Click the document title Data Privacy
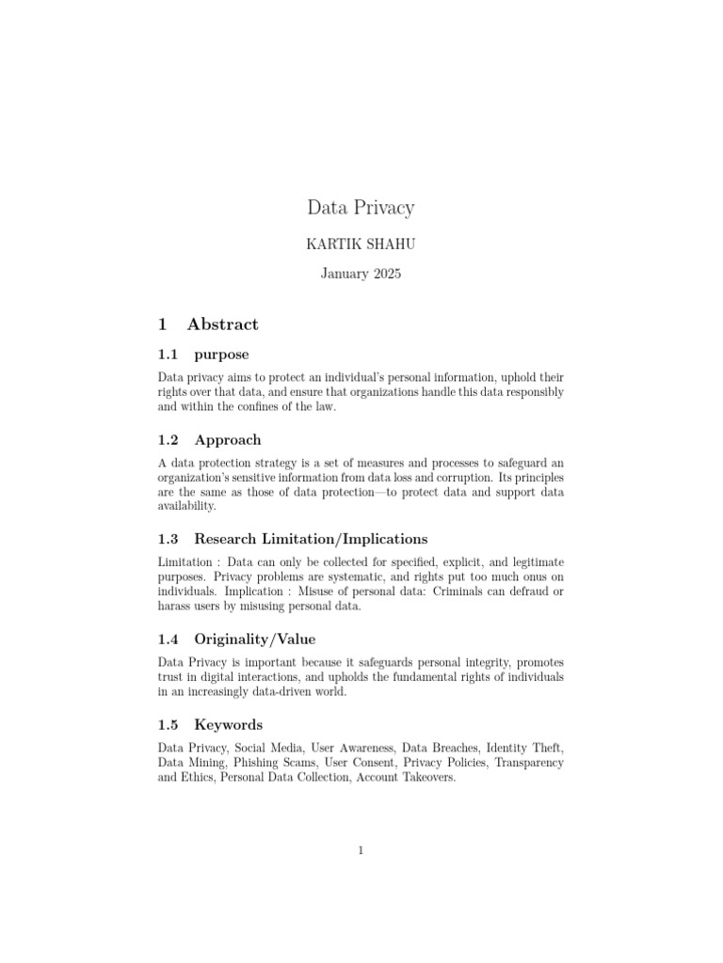pos(361,207)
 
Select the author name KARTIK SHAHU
pos(361,245)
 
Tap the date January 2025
pos(361,275)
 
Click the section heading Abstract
pos(222,324)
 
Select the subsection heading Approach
pos(228,439)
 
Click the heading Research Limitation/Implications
pos(311,539)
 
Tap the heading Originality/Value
pos(255,639)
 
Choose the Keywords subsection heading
pos(229,724)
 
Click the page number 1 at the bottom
pos(361,851)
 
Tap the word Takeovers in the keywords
pos(427,779)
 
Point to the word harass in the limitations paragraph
pos(176,607)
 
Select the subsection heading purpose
pos(221,355)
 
